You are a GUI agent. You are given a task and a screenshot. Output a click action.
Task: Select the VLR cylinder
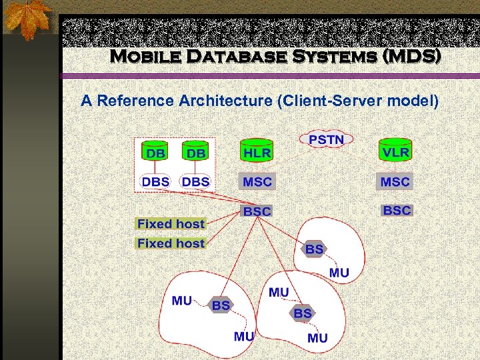(395, 151)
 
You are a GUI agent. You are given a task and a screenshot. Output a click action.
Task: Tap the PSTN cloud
(327, 139)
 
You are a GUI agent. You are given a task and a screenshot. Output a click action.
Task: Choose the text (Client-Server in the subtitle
(319, 101)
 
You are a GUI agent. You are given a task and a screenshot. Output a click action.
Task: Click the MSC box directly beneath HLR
(257, 181)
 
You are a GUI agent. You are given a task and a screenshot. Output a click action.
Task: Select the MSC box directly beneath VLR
(395, 181)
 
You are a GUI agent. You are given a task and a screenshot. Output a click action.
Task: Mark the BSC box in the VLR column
(397, 210)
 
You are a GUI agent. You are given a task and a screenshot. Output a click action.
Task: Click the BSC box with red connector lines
(257, 211)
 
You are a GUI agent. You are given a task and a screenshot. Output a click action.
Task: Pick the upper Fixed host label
(171, 224)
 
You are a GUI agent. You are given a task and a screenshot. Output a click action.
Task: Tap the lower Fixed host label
(171, 243)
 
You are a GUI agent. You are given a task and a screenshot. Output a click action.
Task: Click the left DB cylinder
(155, 153)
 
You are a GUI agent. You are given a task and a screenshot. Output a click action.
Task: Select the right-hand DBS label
(195, 181)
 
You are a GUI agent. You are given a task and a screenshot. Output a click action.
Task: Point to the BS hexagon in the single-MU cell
(315, 249)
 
